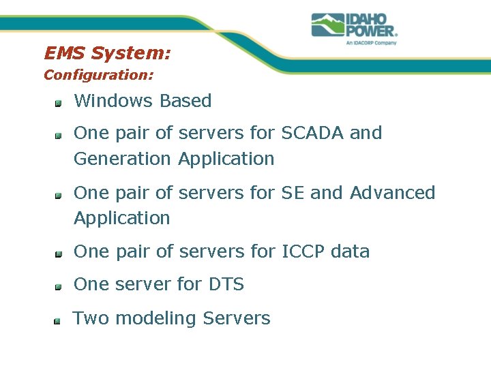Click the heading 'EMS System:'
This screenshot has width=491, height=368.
point(107,52)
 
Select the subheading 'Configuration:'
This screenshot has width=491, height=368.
point(98,74)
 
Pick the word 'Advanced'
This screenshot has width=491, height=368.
point(392,193)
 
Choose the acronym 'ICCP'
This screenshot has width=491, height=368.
point(303,251)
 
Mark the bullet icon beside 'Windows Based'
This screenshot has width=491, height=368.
point(59,104)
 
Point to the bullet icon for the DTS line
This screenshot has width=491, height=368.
point(59,287)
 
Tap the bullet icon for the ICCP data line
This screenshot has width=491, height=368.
point(59,254)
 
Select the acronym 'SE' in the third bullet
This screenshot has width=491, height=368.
point(293,193)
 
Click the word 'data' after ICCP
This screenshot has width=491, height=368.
point(350,251)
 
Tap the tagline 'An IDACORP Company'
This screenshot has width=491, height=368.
point(371,42)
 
